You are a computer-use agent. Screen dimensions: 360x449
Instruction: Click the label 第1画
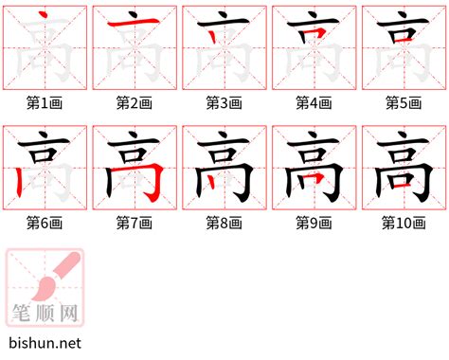tap(45, 101)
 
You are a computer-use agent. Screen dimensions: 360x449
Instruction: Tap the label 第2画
tap(135, 101)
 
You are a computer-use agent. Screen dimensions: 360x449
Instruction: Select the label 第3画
tap(224, 101)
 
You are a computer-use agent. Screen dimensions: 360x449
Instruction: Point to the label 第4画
tap(314, 101)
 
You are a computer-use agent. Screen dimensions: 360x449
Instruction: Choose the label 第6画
tap(45, 223)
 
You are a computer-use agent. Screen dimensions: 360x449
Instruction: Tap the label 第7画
tap(135, 223)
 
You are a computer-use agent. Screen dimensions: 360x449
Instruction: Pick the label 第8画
tap(224, 223)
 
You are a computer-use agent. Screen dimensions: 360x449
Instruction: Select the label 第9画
tap(314, 223)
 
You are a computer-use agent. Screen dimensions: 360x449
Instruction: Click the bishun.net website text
tap(44, 343)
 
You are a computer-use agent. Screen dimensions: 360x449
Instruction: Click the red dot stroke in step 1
tap(42, 17)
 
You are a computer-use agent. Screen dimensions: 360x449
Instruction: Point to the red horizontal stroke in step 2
tap(134, 26)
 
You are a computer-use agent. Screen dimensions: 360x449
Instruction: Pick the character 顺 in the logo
tap(46, 311)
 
